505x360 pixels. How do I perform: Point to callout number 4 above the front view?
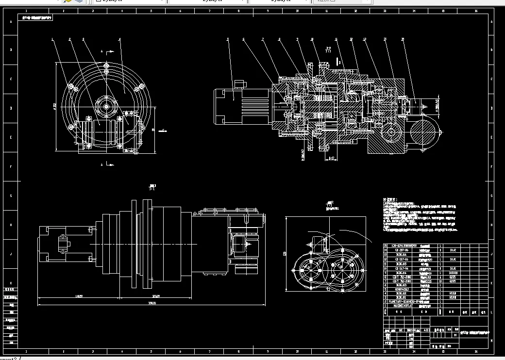click(119, 39)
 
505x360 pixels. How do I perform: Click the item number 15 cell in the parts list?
click(386, 246)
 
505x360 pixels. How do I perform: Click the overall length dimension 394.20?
click(151, 303)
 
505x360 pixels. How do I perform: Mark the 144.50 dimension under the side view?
click(78, 296)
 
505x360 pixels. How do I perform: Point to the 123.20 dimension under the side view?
click(156, 296)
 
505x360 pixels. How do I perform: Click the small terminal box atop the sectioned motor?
click(239, 84)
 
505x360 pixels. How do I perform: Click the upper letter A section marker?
click(102, 51)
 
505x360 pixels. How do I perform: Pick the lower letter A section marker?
click(102, 164)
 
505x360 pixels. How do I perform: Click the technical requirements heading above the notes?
click(391, 199)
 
